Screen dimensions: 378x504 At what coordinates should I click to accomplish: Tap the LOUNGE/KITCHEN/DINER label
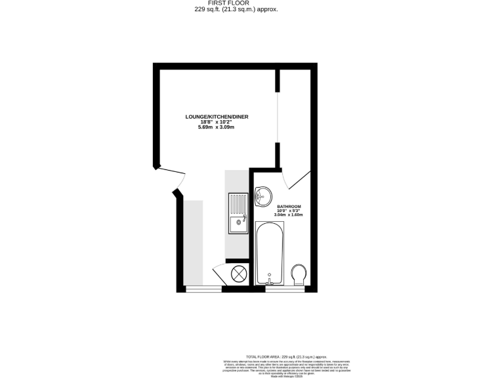coord(217,117)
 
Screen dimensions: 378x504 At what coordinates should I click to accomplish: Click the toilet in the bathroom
coord(299,274)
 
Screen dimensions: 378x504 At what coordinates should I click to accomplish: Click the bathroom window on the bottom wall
coord(284,289)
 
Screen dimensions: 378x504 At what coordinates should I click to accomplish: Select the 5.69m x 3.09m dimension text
coord(217,127)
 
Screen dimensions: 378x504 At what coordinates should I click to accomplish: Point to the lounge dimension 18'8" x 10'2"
coord(217,122)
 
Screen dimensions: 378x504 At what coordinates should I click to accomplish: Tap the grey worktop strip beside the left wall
coord(193,243)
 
